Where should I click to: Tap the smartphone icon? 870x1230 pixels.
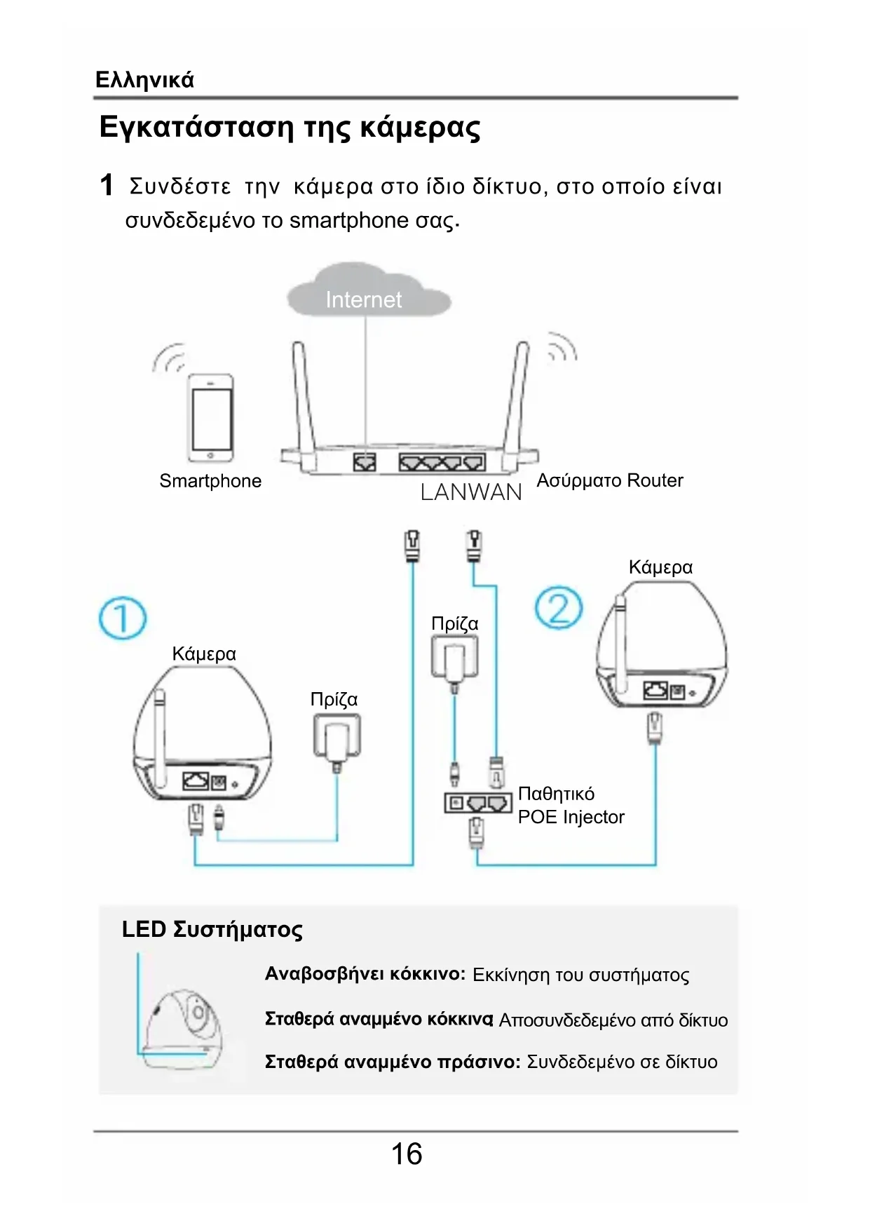click(x=210, y=417)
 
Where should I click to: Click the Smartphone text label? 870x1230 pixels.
click(x=210, y=481)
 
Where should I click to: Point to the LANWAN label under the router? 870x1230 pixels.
click(x=471, y=492)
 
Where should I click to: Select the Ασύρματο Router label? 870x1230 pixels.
click(x=609, y=480)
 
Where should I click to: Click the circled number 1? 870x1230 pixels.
click(x=123, y=618)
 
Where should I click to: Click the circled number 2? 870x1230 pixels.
click(x=559, y=608)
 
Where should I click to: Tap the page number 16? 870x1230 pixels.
click(x=407, y=1154)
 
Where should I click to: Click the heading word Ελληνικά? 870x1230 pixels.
click(x=144, y=79)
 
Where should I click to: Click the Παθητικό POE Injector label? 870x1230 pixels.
click(x=571, y=805)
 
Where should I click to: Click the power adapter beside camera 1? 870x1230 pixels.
click(x=337, y=736)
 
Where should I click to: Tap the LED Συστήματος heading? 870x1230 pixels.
click(x=212, y=929)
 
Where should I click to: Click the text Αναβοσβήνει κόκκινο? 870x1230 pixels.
click(x=365, y=974)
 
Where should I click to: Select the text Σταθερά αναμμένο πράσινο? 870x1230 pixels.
click(x=393, y=1062)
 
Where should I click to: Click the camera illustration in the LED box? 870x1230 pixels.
click(x=182, y=1027)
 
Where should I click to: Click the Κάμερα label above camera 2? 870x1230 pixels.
click(x=660, y=567)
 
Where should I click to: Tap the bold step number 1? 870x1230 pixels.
click(x=107, y=185)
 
